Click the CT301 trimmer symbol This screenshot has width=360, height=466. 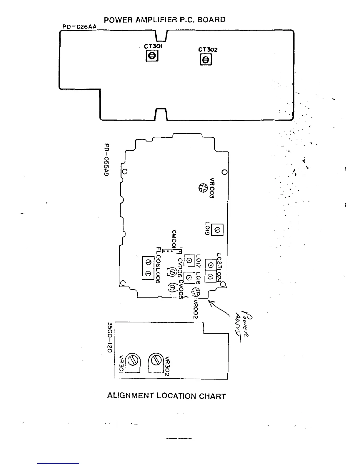pyautogui.click(x=152, y=56)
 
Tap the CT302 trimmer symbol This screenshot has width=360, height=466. pyautogui.click(x=206, y=60)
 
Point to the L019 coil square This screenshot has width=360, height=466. pyautogui.click(x=217, y=230)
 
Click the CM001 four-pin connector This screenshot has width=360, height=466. pyautogui.click(x=172, y=251)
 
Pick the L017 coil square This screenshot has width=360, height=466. pyautogui.click(x=189, y=260)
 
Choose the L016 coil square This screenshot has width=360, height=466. pyautogui.click(x=189, y=277)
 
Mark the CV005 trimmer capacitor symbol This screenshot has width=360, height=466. pyautogui.click(x=172, y=287)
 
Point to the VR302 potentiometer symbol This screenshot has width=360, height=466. pyautogui.click(x=156, y=360)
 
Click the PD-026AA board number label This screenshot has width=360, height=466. pyautogui.click(x=79, y=27)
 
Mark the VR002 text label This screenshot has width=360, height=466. pyautogui.click(x=196, y=309)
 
